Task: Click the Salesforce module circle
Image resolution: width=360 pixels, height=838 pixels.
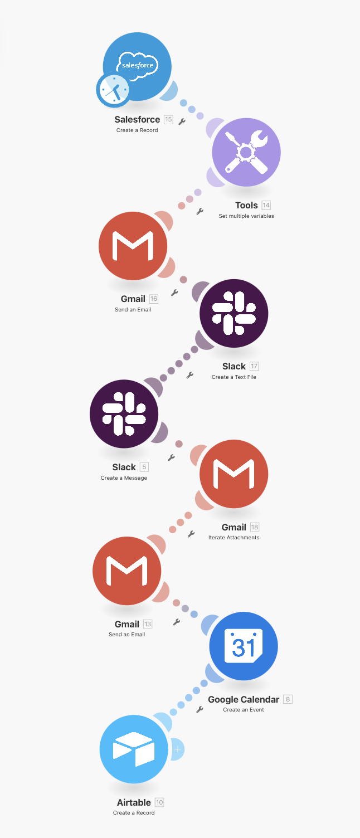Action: click(x=137, y=67)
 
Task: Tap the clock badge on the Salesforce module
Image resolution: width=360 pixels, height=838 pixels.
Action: click(x=113, y=90)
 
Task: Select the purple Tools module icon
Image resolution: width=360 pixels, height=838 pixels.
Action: click(x=246, y=152)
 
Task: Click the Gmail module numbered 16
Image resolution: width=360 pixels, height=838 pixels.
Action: click(x=133, y=246)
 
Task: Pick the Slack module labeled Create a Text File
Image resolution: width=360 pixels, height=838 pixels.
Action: click(x=234, y=313)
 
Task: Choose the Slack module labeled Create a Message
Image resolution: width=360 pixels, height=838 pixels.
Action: click(x=124, y=414)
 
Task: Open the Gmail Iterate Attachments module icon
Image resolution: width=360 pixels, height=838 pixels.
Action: click(x=234, y=474)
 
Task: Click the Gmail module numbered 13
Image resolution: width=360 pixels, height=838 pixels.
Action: click(x=127, y=571)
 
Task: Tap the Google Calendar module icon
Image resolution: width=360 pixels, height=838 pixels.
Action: click(x=244, y=646)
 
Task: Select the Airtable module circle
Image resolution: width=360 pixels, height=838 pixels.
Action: click(x=134, y=749)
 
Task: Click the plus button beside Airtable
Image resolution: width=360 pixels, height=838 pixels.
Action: click(x=178, y=749)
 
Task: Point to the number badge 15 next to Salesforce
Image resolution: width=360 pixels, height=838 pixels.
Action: click(x=168, y=119)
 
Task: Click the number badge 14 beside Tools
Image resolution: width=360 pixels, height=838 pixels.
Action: click(x=266, y=205)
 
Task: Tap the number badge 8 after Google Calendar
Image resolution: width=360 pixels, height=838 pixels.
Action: click(x=288, y=699)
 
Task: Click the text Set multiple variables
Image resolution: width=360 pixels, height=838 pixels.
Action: click(x=246, y=216)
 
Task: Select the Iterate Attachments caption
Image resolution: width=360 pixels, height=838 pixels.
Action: click(x=234, y=538)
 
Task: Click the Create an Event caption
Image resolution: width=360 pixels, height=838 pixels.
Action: click(x=244, y=710)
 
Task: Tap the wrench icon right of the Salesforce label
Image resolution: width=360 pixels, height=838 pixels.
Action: click(x=182, y=121)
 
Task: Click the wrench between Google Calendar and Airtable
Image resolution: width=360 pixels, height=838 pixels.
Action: click(x=200, y=709)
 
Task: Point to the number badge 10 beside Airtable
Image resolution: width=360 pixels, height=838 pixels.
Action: click(x=159, y=802)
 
